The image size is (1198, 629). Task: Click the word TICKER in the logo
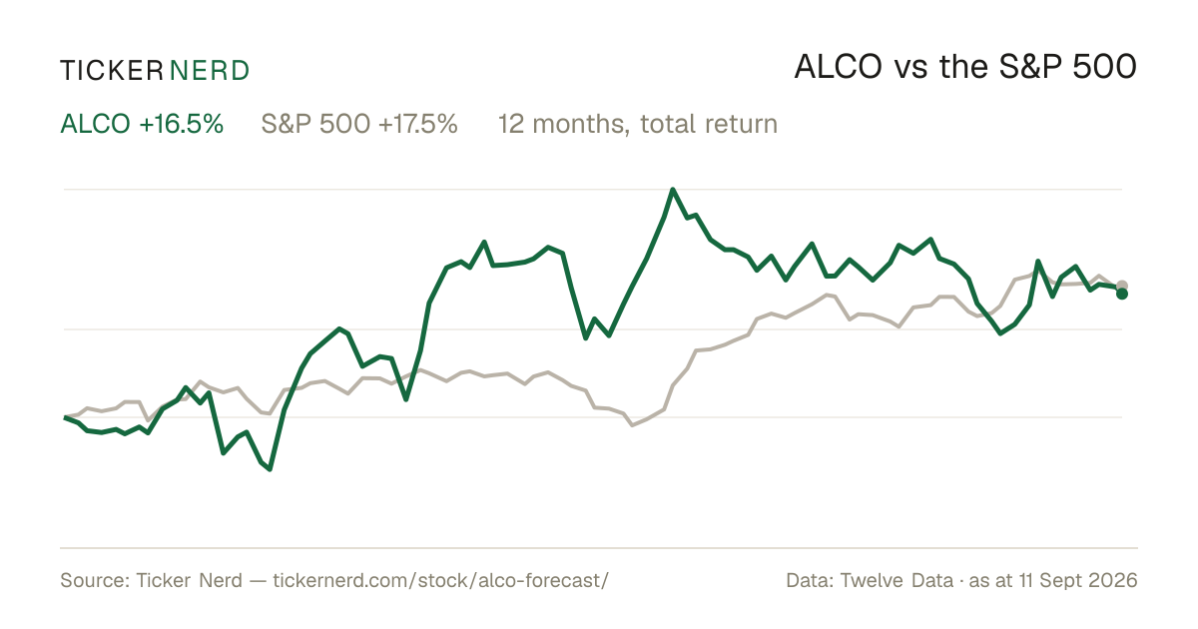(x=111, y=71)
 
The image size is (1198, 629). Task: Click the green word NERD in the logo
(x=209, y=71)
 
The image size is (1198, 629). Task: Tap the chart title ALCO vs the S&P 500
(x=965, y=68)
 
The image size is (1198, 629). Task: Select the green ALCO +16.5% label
(x=142, y=124)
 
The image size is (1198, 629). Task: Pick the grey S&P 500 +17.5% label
(x=359, y=124)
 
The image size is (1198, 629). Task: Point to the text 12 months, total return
(x=638, y=125)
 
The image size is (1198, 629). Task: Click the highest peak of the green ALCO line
(x=672, y=190)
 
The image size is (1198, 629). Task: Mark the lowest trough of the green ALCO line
(x=271, y=469)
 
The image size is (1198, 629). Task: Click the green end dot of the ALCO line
(x=1122, y=294)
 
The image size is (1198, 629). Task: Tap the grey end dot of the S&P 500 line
(x=1122, y=286)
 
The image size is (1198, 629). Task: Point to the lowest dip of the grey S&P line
(x=632, y=425)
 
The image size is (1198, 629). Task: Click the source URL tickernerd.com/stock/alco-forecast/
(x=440, y=580)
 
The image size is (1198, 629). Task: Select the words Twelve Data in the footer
(x=897, y=580)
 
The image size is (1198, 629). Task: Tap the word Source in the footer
(x=94, y=580)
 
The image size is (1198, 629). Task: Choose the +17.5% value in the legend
(x=417, y=124)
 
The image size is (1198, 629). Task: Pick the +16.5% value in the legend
(x=182, y=124)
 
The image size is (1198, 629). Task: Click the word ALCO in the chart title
(x=838, y=68)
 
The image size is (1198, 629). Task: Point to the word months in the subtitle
(x=578, y=125)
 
